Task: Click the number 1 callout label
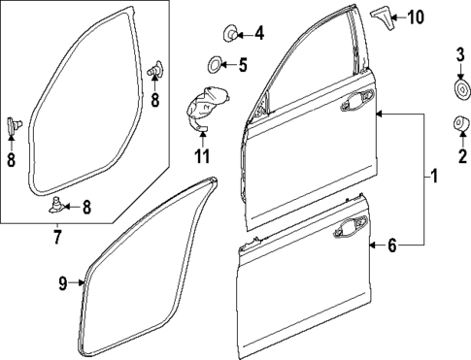point(433,177)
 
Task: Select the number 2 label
point(462,155)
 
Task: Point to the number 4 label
point(258,34)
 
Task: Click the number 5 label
point(244,66)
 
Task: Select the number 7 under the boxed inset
point(55,236)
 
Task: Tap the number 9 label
point(61,282)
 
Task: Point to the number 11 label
point(201,155)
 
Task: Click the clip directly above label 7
point(60,205)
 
